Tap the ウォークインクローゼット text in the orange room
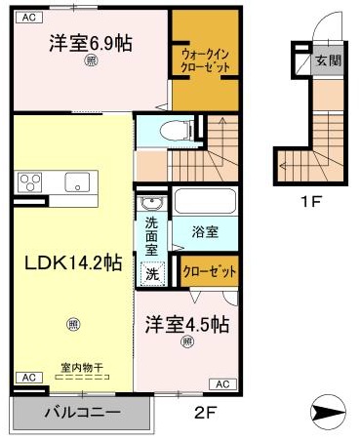point(205,61)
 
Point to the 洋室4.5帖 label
point(187,325)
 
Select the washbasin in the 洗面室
point(151,203)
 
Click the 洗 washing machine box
point(152,274)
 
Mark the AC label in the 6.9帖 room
point(28,18)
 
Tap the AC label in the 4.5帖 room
point(221,382)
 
